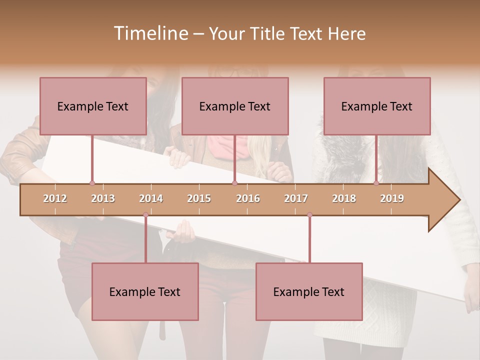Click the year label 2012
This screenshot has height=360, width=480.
[55, 198]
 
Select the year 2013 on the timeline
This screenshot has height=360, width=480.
[103, 198]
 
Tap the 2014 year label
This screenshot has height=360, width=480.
[151, 198]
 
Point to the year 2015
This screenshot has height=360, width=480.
[199, 198]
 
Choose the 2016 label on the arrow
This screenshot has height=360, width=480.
[248, 198]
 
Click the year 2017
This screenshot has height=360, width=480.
[296, 198]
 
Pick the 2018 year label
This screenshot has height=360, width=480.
[344, 198]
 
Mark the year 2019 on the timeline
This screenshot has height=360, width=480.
[392, 198]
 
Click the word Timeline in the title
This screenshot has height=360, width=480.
[150, 33]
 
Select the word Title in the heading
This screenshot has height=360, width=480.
[268, 33]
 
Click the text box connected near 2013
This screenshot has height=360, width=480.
[93, 106]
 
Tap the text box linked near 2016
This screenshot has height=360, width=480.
[235, 106]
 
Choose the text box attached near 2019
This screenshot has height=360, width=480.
[377, 106]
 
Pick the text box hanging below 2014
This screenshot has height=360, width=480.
[145, 291]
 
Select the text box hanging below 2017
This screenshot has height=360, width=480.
[309, 291]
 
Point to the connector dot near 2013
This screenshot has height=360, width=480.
[92, 183]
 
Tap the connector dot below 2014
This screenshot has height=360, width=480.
[145, 215]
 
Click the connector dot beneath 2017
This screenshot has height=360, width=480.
[309, 215]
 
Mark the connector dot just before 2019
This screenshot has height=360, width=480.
[376, 183]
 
